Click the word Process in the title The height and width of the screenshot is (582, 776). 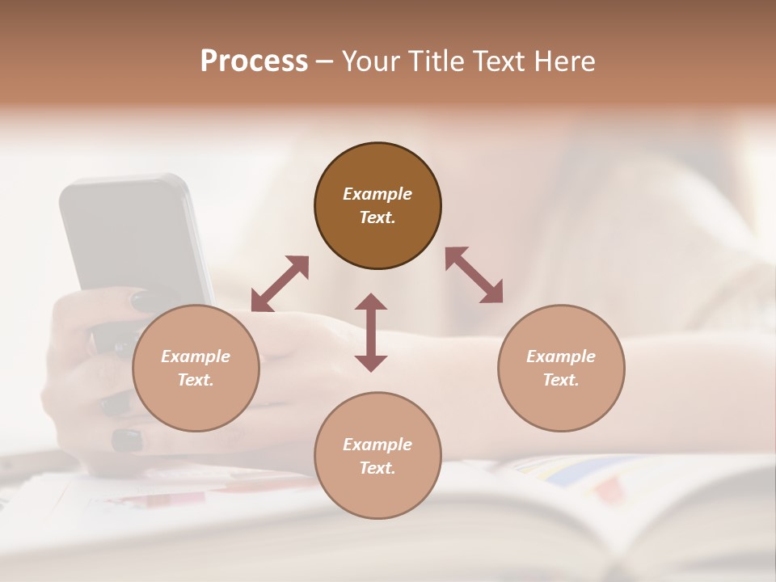point(254,61)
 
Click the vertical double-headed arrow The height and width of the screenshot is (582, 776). point(371,332)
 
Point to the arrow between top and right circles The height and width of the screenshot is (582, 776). point(474,275)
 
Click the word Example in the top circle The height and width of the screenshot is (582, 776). point(377,194)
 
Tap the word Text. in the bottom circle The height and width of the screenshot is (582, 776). point(377,468)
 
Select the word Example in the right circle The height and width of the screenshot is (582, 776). point(561,356)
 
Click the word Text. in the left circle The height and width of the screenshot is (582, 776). point(196,380)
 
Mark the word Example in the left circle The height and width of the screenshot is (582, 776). point(196,356)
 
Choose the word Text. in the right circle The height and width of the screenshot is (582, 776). point(561,380)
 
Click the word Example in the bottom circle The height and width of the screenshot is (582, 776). point(377,445)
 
